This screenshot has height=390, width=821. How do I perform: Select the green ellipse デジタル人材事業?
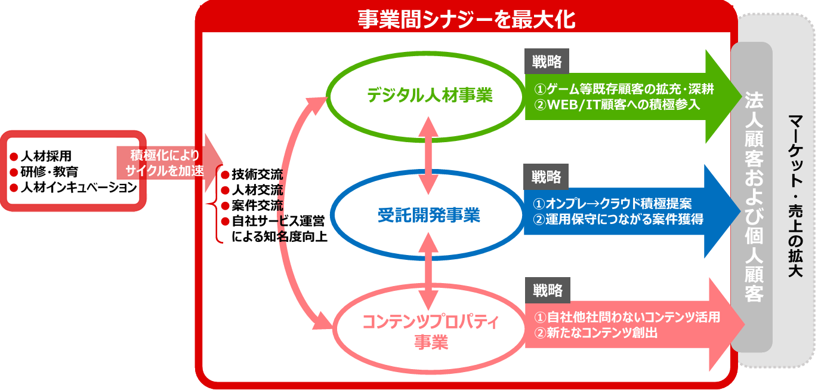pyautogui.click(x=429, y=95)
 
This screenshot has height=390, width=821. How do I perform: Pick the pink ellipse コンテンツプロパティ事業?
pyautogui.click(x=430, y=331)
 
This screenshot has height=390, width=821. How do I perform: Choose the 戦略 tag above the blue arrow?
pyautogui.click(x=547, y=177)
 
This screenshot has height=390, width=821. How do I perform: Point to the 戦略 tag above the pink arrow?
pyautogui.click(x=547, y=291)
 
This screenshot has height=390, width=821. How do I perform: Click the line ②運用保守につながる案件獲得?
pyautogui.click(x=618, y=219)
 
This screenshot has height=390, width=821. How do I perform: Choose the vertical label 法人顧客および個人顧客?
pyautogui.click(x=752, y=197)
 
